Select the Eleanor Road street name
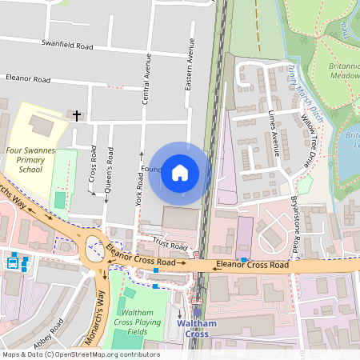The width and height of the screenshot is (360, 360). pyautogui.click(x=28, y=80)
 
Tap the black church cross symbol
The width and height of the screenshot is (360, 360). pyautogui.click(x=77, y=116)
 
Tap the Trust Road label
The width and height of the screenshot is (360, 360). pyautogui.click(x=169, y=245)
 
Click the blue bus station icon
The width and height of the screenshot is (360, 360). pyautogui.click(x=14, y=262)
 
